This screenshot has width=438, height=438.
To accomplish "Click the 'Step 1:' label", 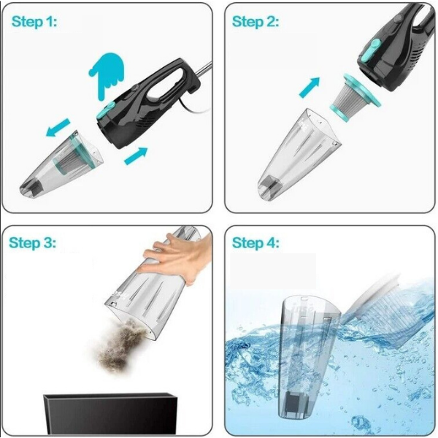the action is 34,22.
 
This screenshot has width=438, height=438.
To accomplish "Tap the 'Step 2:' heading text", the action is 255,22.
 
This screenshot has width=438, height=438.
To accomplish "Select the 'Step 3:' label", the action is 32,243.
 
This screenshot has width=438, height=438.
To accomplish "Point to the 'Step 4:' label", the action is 255,243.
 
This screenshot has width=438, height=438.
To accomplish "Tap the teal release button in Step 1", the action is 105,110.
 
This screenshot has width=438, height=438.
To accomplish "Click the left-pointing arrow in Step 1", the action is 58,127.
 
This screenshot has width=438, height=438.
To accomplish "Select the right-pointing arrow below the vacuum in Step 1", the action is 136,155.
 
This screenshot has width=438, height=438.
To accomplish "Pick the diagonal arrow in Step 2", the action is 310,88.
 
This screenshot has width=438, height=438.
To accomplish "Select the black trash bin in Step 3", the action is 111,414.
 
